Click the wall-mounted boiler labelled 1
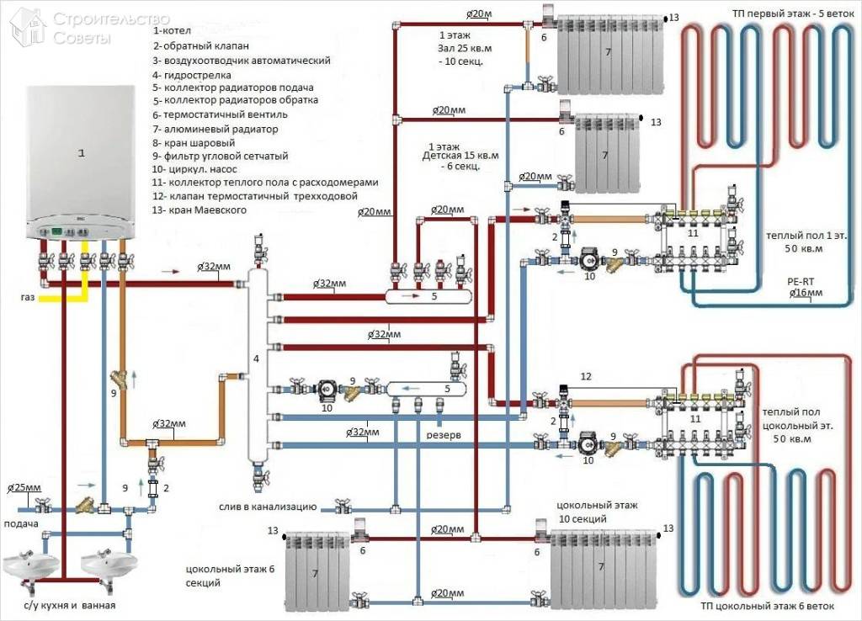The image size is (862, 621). (x=82, y=160)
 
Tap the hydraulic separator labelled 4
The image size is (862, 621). (x=257, y=362)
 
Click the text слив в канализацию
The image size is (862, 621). (x=265, y=507)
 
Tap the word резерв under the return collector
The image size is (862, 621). (x=442, y=437)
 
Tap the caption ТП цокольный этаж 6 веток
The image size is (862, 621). (x=766, y=606)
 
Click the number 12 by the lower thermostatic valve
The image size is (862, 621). (x=587, y=375)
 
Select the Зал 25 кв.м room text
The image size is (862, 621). (x=455, y=50)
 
